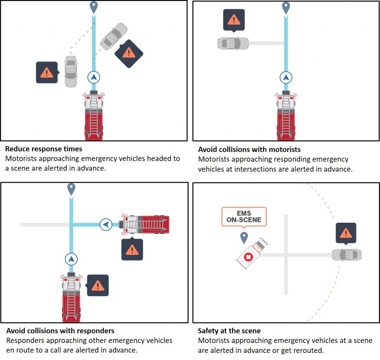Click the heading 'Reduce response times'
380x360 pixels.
(43, 149)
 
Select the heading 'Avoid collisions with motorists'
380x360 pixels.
(249, 150)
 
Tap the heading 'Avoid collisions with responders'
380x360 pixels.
(60, 330)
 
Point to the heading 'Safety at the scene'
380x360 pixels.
(229, 331)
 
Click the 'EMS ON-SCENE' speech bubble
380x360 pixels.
(244, 217)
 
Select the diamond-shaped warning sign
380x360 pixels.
(129, 53)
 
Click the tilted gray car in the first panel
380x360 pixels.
(113, 37)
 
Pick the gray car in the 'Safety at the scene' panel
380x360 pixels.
(346, 255)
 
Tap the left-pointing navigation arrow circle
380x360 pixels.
(106, 224)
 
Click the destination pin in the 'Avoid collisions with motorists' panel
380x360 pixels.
(285, 7)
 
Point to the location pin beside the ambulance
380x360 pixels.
(244, 237)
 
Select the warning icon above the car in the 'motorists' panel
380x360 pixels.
(234, 20)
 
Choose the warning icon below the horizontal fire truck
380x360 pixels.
(132, 250)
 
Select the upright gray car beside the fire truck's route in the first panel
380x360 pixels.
(71, 71)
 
